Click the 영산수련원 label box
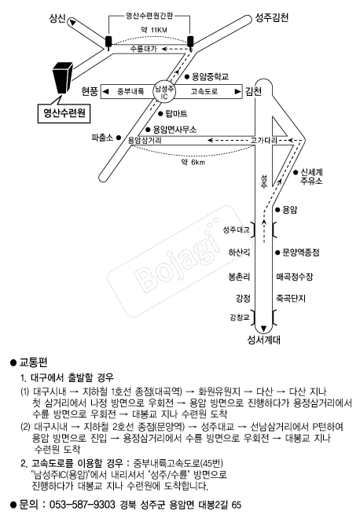pos(64,113)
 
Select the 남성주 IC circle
pos(164,91)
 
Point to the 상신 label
pos(57,17)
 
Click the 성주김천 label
pos(272,17)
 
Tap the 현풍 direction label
pos(90,91)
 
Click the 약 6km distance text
pos(193,162)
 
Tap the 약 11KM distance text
pos(154,30)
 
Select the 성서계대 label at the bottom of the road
pos(263,340)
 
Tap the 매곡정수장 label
pos(295,277)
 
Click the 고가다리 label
pos(263,141)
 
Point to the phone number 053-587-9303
pos(83,505)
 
